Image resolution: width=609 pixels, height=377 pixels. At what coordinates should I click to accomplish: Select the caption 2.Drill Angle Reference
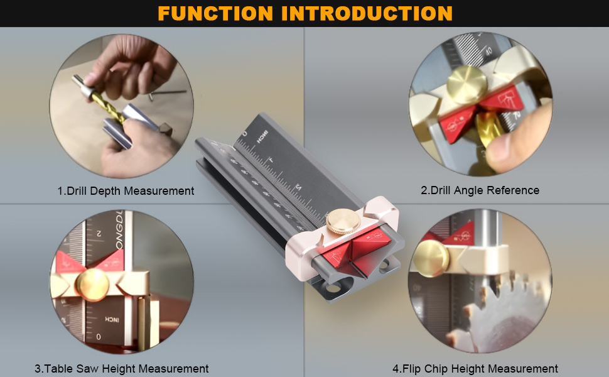[480, 190]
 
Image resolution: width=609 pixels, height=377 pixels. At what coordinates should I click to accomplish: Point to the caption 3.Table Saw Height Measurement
[122, 369]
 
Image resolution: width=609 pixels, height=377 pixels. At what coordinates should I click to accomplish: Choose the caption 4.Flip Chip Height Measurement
[475, 369]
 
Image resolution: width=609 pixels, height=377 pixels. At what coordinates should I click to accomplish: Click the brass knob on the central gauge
[338, 222]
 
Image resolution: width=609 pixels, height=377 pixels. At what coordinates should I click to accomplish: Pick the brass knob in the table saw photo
[92, 283]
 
